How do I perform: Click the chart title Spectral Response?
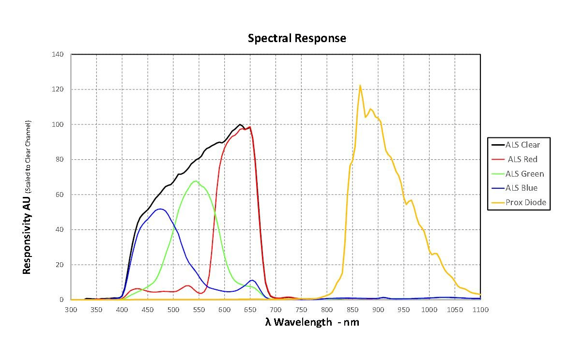point(297,38)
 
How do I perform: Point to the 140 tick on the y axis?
point(58,54)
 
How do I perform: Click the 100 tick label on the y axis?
point(58,124)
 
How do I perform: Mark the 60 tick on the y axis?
point(60,195)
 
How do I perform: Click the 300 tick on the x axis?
point(71,309)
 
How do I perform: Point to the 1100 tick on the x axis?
point(479,309)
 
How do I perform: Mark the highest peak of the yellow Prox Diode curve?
point(360,85)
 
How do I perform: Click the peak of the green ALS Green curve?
point(195,181)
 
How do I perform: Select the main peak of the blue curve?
point(160,209)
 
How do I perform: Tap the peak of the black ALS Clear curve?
point(240,124)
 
